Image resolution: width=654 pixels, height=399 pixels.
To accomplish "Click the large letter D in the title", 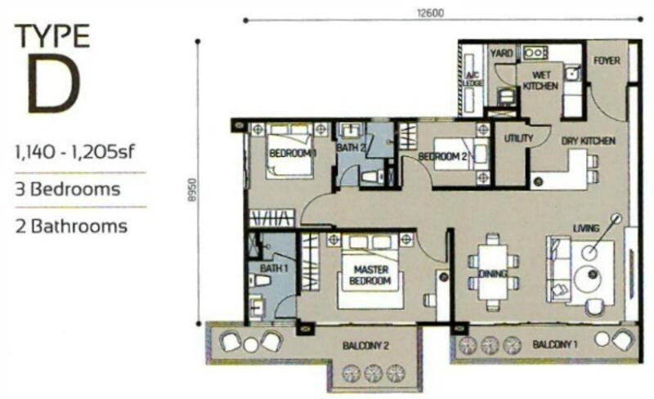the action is click(53, 83).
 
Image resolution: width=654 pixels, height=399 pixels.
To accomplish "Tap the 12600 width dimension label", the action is click(431, 13).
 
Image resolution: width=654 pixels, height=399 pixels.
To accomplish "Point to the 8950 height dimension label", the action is click(191, 190).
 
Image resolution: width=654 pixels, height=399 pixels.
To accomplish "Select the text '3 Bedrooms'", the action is click(68, 190).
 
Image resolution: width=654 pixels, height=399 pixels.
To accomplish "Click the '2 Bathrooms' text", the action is click(71, 226).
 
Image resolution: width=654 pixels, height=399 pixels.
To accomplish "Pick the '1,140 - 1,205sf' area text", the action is click(75, 152).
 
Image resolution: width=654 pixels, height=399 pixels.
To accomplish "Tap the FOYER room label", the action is click(607, 61).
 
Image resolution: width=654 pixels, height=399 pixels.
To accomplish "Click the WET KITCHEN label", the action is click(540, 80).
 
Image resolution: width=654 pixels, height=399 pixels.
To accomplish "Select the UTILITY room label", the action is click(518, 138).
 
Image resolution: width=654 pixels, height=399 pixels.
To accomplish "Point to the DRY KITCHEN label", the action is click(588, 141).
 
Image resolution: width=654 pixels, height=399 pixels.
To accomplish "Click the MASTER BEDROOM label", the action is click(370, 275).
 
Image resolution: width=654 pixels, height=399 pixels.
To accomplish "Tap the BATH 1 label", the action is click(274, 268).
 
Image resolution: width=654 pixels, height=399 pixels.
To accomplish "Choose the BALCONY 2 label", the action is click(365, 346).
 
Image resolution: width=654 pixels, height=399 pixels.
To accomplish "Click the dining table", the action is click(493, 272).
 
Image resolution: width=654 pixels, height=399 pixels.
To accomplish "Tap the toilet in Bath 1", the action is click(258, 280).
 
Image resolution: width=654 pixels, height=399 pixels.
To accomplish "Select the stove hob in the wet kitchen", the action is click(535, 53).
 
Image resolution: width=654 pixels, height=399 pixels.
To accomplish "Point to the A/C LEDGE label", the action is click(473, 78).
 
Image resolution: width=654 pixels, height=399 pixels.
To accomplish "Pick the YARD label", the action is click(501, 53).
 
